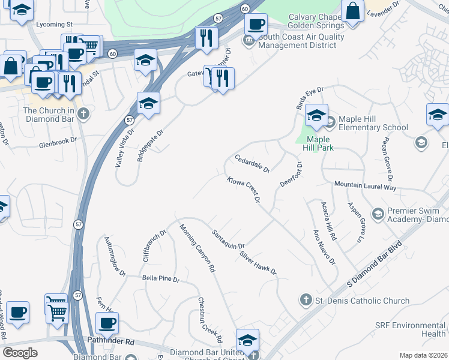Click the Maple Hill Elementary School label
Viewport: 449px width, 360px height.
click(x=373, y=123)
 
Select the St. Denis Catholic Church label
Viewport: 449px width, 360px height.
click(x=363, y=301)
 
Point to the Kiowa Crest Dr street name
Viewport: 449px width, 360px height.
click(x=246, y=189)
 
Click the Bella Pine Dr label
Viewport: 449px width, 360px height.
click(x=161, y=279)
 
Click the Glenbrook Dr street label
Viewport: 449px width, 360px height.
click(x=58, y=140)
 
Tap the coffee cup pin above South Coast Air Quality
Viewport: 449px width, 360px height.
click(x=256, y=25)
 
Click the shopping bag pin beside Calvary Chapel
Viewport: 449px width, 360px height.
click(x=352, y=11)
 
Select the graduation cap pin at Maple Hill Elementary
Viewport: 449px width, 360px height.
click(x=316, y=114)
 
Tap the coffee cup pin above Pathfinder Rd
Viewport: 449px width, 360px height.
click(x=107, y=323)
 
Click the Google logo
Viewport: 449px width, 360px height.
click(x=20, y=352)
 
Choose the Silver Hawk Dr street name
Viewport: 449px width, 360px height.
click(x=258, y=262)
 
